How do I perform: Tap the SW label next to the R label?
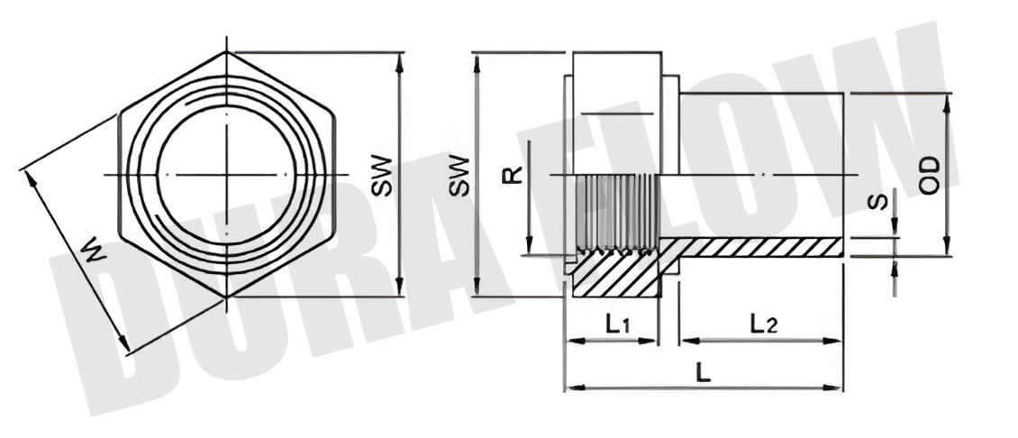pyautogui.click(x=459, y=174)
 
